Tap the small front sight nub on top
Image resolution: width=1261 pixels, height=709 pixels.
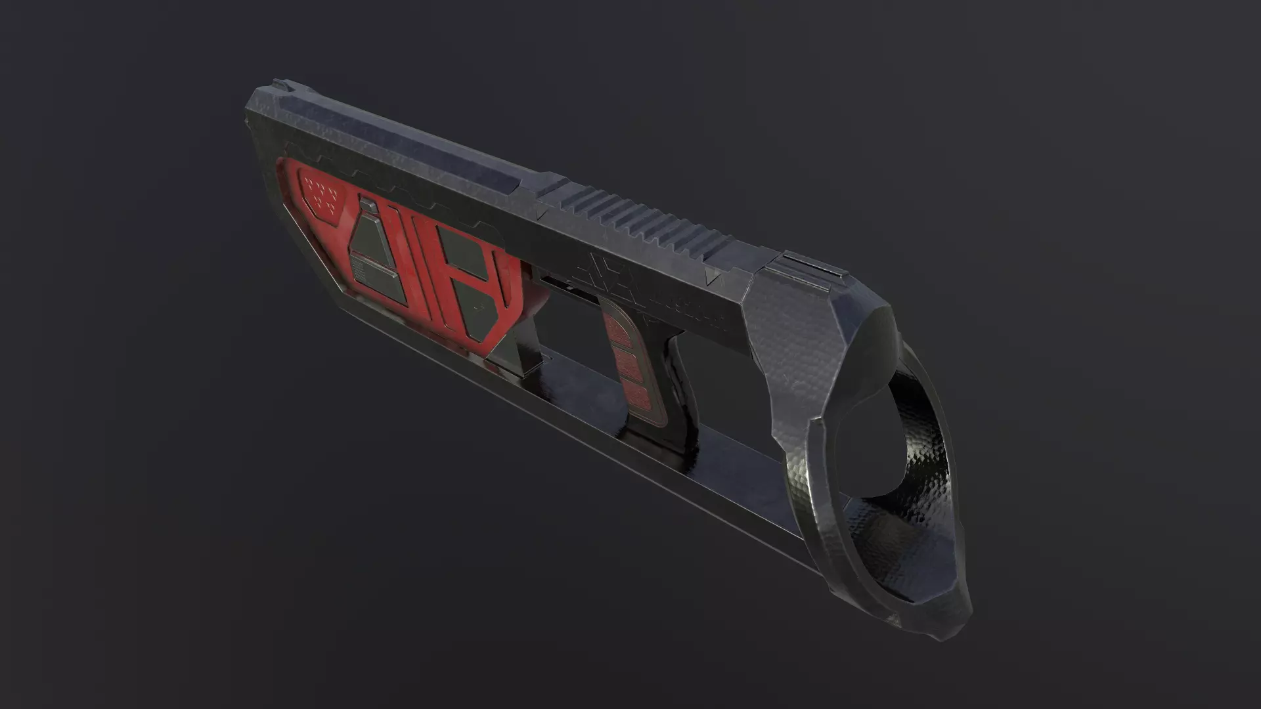pyautogui.click(x=278, y=83)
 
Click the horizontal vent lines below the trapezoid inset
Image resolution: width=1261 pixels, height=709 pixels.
pyautogui.click(x=360, y=268)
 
